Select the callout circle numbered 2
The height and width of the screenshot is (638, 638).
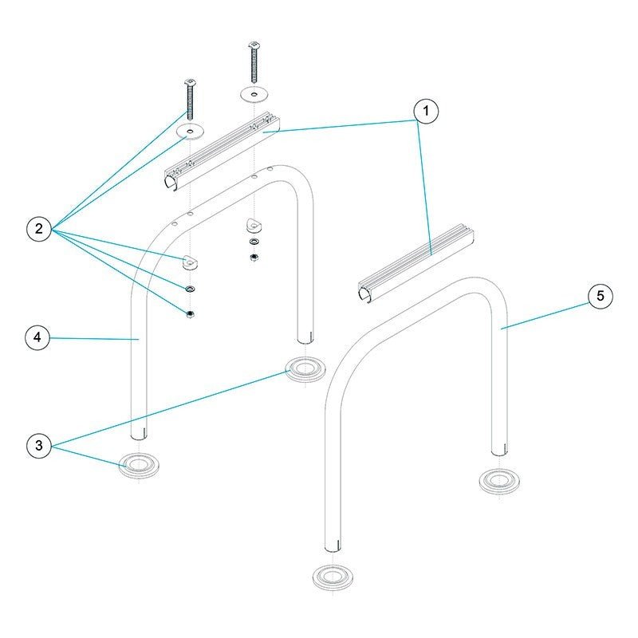(x=37, y=230)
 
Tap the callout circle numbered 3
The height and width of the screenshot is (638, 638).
(x=37, y=446)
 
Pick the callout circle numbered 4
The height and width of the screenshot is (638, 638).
(x=37, y=338)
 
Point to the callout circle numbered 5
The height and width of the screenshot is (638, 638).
(x=601, y=296)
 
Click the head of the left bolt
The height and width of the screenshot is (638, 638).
(x=191, y=82)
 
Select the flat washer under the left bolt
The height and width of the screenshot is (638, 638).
(x=191, y=129)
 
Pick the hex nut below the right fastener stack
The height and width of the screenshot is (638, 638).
(x=253, y=257)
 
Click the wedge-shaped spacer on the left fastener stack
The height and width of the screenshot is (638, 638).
(x=190, y=260)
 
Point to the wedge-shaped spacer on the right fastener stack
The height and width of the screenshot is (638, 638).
(x=253, y=226)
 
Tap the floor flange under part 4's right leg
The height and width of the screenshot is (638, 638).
(x=305, y=369)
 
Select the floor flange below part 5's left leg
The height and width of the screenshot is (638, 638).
(x=333, y=576)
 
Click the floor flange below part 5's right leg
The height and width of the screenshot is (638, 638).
(x=499, y=481)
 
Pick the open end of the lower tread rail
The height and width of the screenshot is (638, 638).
(x=365, y=295)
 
